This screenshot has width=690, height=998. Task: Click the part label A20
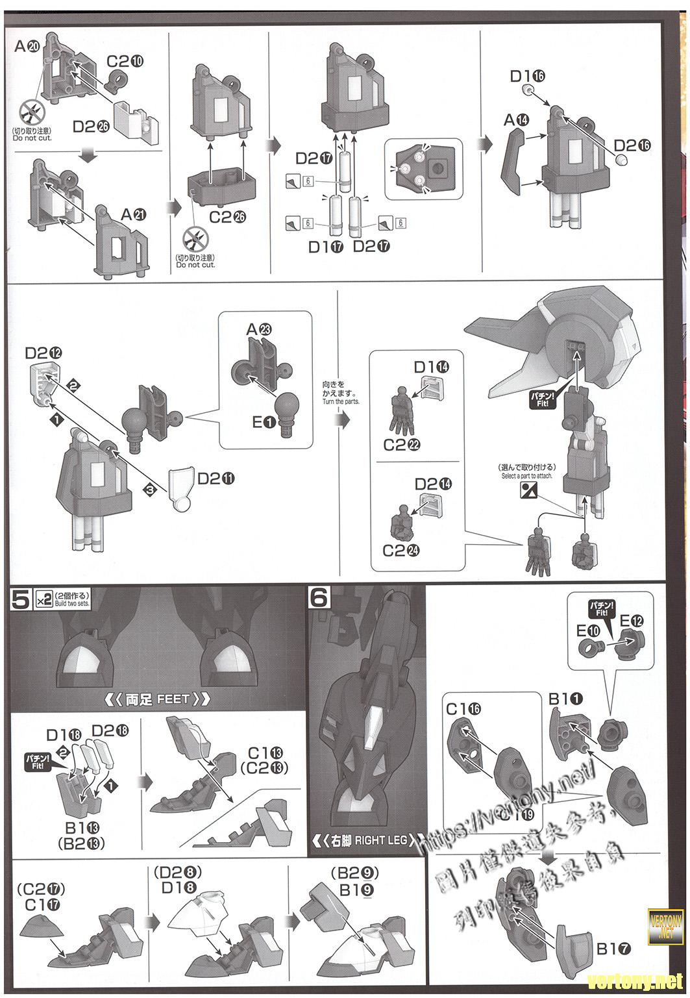click(27, 46)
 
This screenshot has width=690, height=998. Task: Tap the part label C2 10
click(125, 62)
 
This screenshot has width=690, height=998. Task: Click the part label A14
click(517, 120)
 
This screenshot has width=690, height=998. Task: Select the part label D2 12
click(44, 353)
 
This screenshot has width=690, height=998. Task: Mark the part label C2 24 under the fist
click(401, 550)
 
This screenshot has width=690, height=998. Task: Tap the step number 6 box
click(319, 598)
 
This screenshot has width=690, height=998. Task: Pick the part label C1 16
click(463, 709)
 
